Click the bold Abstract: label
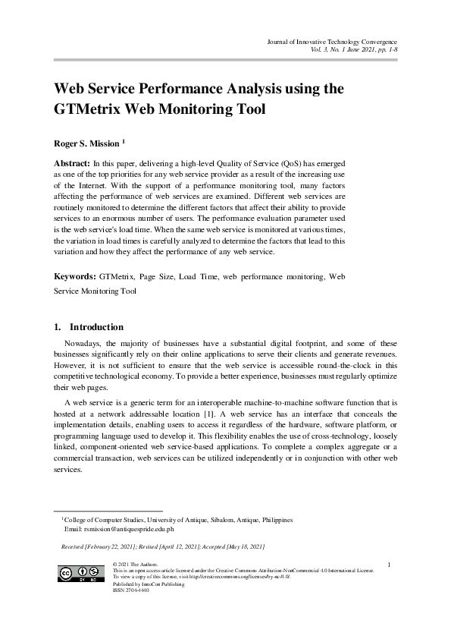[x=71, y=163]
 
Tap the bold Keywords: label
[x=74, y=278]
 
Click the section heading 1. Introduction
[x=89, y=327]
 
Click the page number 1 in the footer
[x=388, y=564]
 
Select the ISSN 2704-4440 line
[x=130, y=590]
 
